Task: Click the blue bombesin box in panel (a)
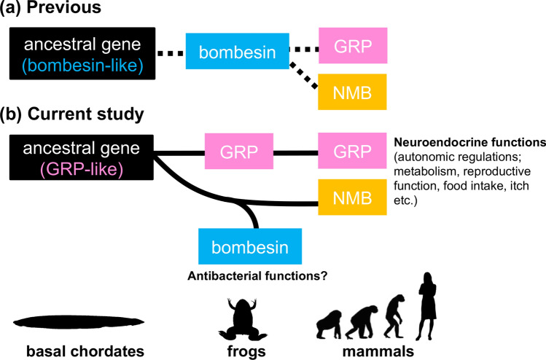(237, 52)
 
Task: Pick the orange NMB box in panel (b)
(353, 197)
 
